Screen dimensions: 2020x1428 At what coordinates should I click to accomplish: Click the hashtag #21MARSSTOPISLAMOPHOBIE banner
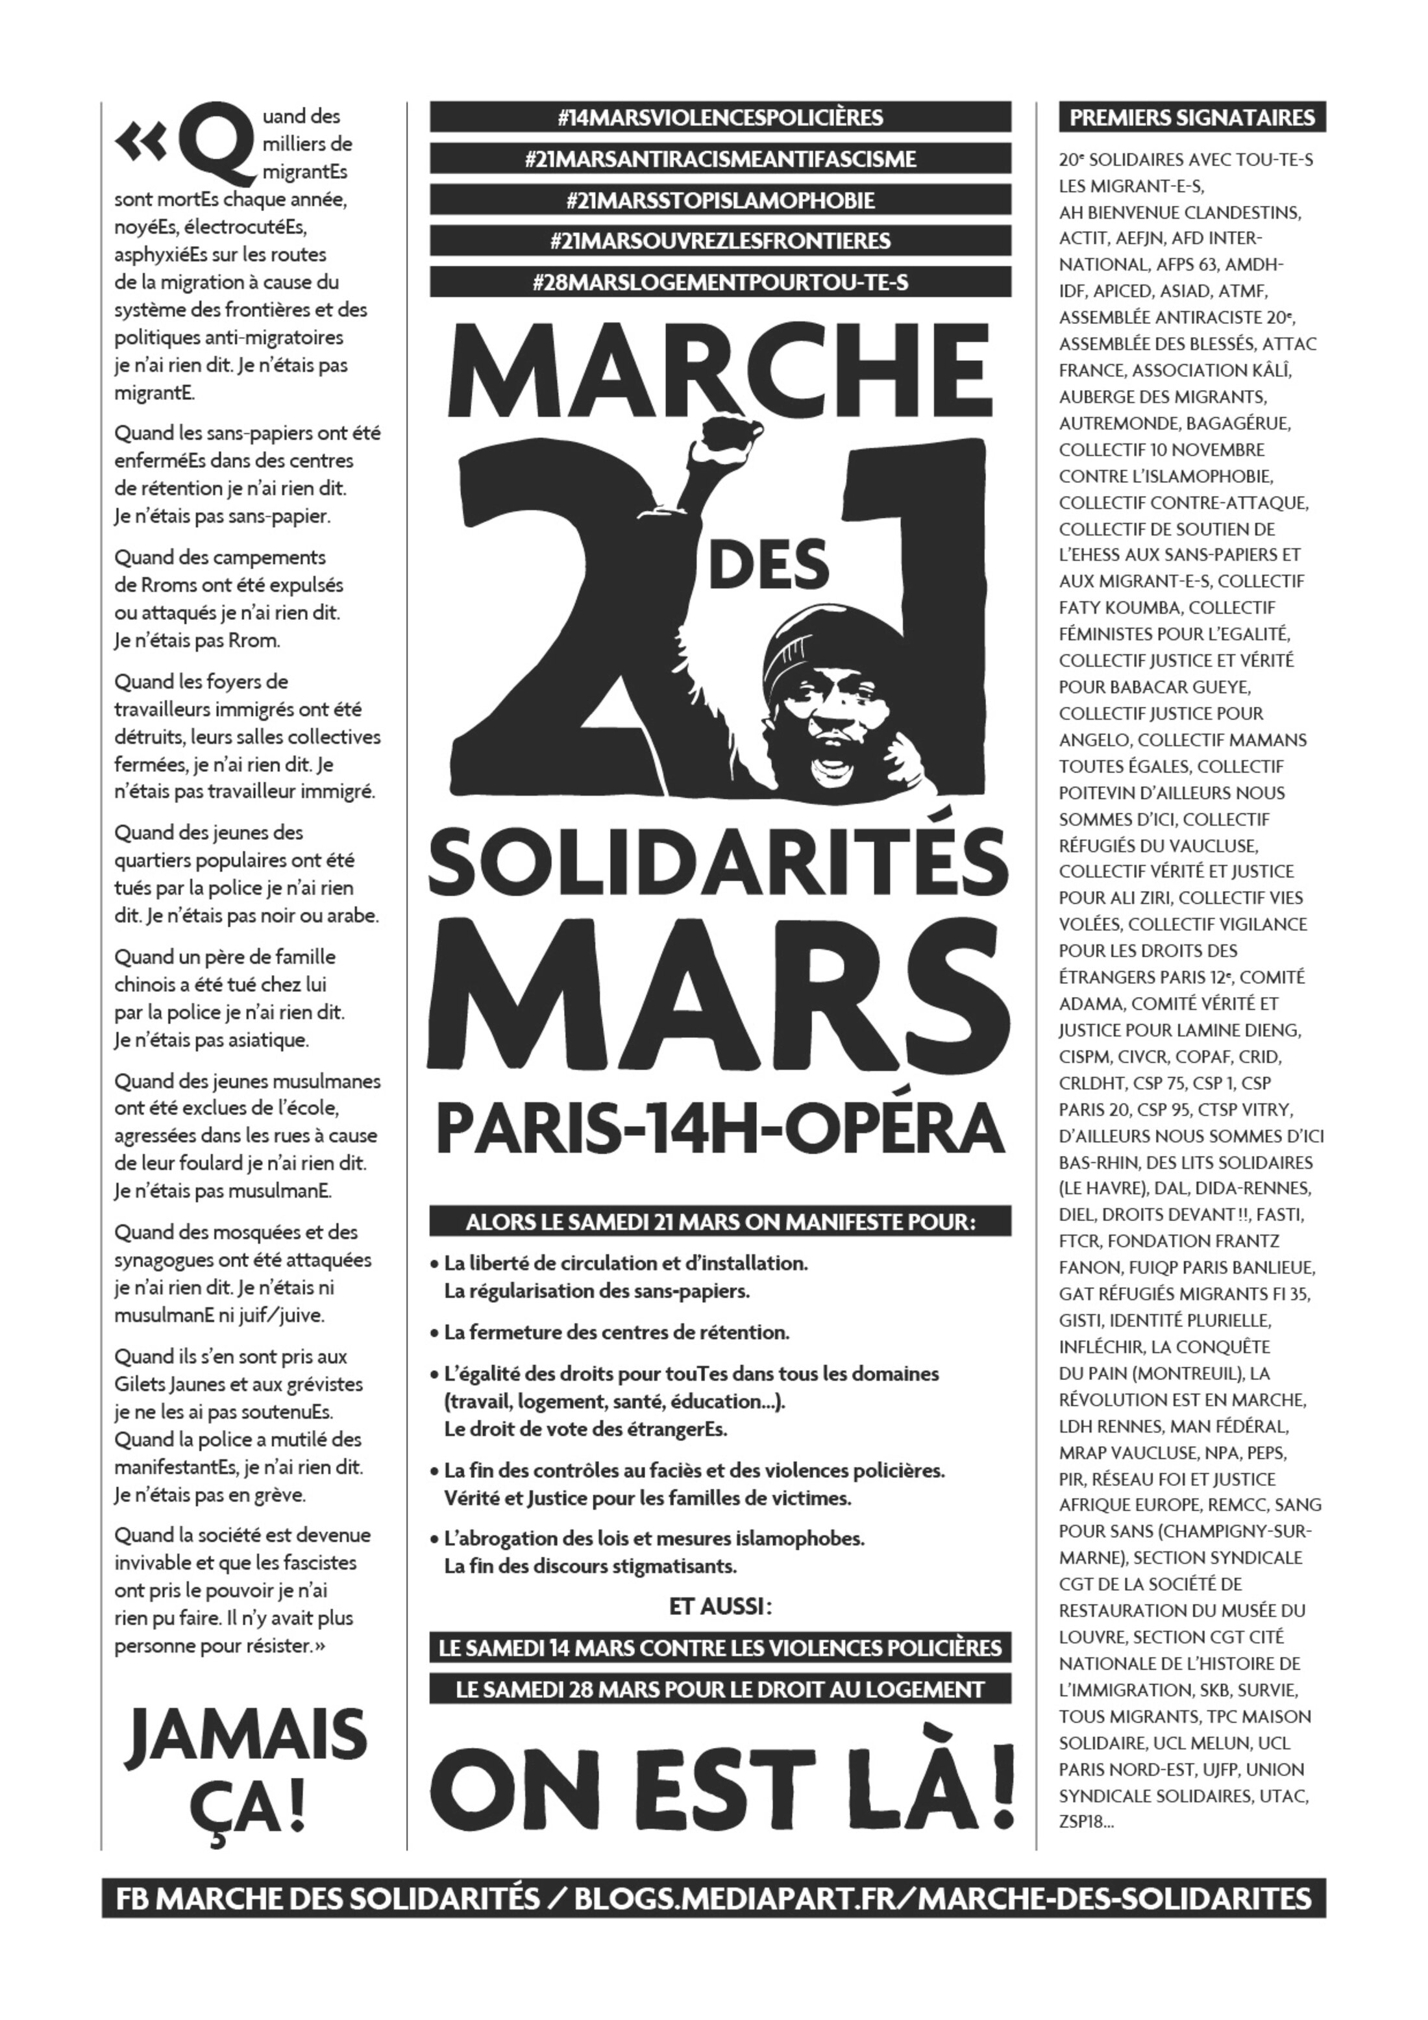pos(720,200)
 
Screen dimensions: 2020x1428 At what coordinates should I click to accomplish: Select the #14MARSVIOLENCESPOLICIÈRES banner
pos(720,117)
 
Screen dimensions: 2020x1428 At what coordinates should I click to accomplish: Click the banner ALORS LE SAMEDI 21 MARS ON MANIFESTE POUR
pos(720,1223)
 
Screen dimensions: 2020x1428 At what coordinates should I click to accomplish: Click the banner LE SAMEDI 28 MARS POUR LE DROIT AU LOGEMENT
pos(720,1689)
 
